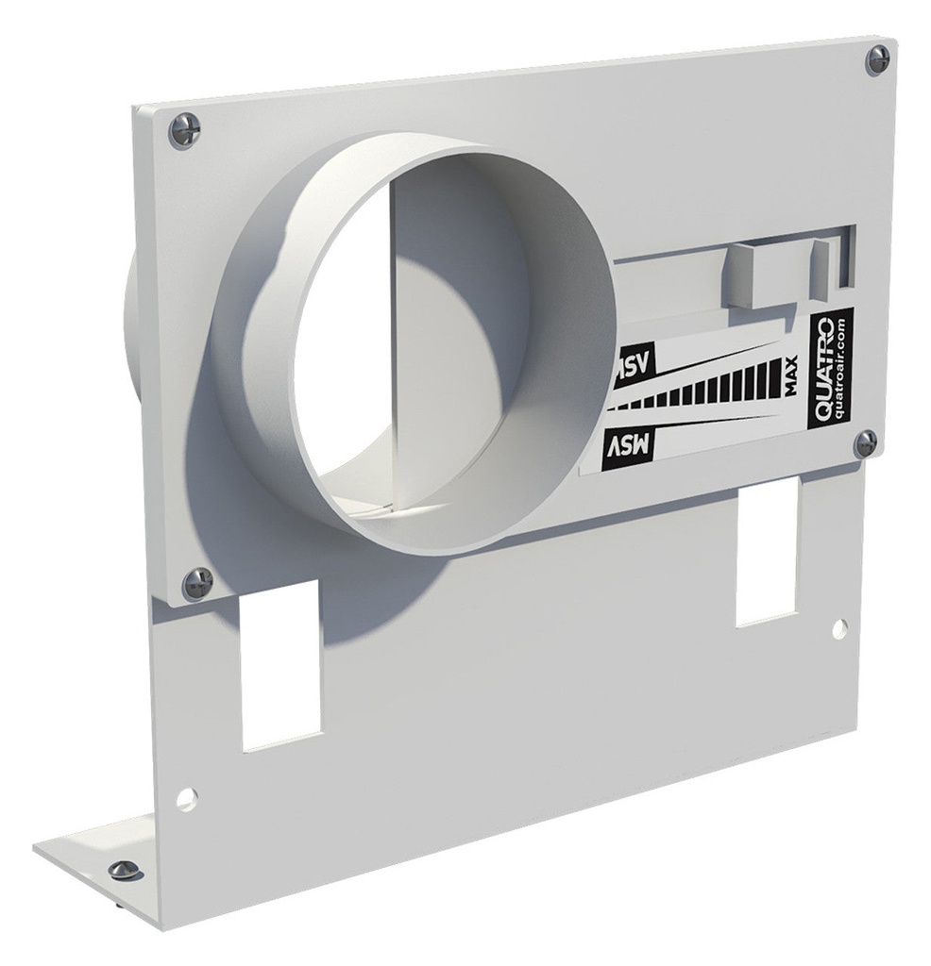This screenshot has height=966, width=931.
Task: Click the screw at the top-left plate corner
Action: [184, 128]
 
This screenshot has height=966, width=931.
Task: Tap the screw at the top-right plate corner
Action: [877, 59]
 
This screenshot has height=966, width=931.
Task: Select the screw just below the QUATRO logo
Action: [865, 442]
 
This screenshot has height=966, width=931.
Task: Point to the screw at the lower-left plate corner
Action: [196, 583]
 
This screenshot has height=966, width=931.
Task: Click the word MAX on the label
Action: [789, 375]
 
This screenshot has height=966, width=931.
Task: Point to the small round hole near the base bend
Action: [187, 799]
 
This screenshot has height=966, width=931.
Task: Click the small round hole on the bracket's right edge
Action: [839, 627]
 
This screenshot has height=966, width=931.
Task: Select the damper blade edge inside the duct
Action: [393, 330]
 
